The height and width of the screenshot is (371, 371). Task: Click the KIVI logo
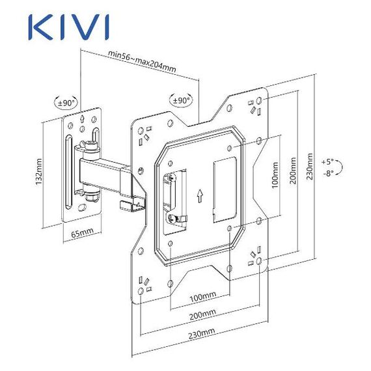(69, 27)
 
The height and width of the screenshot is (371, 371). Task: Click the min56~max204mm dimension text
(142, 61)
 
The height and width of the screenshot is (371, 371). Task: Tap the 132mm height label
(38, 172)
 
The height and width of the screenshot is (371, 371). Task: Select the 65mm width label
(83, 233)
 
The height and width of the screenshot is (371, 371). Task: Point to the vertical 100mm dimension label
(275, 175)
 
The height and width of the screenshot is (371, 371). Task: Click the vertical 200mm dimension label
(293, 171)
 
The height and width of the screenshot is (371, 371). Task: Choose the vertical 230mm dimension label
(309, 167)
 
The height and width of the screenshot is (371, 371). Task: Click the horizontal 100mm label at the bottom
(203, 297)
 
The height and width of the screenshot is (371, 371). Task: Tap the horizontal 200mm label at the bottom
(202, 314)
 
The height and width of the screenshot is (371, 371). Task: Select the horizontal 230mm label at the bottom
(202, 333)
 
